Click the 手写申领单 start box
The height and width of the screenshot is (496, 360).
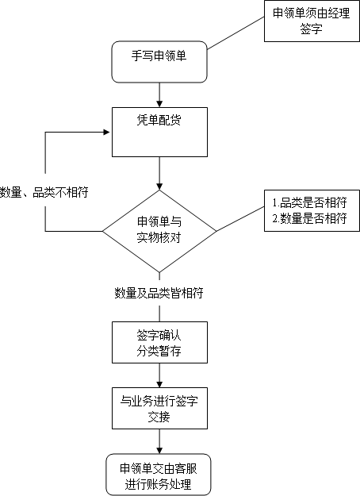(159, 62)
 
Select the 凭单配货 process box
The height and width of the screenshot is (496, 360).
(159, 132)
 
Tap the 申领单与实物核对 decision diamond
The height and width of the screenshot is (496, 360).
(159, 231)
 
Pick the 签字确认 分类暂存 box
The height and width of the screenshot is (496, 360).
(159, 342)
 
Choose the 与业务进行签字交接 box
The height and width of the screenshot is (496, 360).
(159, 408)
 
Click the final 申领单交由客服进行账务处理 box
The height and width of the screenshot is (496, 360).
(159, 475)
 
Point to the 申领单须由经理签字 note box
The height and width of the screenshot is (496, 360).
(312, 21)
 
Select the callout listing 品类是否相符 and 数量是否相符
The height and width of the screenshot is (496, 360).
(312, 210)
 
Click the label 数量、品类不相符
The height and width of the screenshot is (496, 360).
(44, 192)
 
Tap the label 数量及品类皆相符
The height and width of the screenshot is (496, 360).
(159, 293)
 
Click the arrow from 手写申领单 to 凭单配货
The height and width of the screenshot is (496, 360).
(159, 95)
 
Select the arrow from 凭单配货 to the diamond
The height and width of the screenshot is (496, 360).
(159, 173)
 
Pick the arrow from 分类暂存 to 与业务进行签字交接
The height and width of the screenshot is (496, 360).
(159, 375)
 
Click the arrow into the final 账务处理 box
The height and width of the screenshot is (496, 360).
(159, 441)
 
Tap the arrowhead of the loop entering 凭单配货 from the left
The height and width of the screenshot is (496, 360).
(106, 132)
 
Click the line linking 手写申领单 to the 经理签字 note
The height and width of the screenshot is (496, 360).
(236, 33)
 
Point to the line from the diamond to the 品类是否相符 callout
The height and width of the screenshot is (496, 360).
(240, 219)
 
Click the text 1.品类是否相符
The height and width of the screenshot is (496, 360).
(310, 202)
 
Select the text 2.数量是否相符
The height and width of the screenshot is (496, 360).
(310, 218)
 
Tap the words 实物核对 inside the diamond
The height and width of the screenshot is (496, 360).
(159, 237)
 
